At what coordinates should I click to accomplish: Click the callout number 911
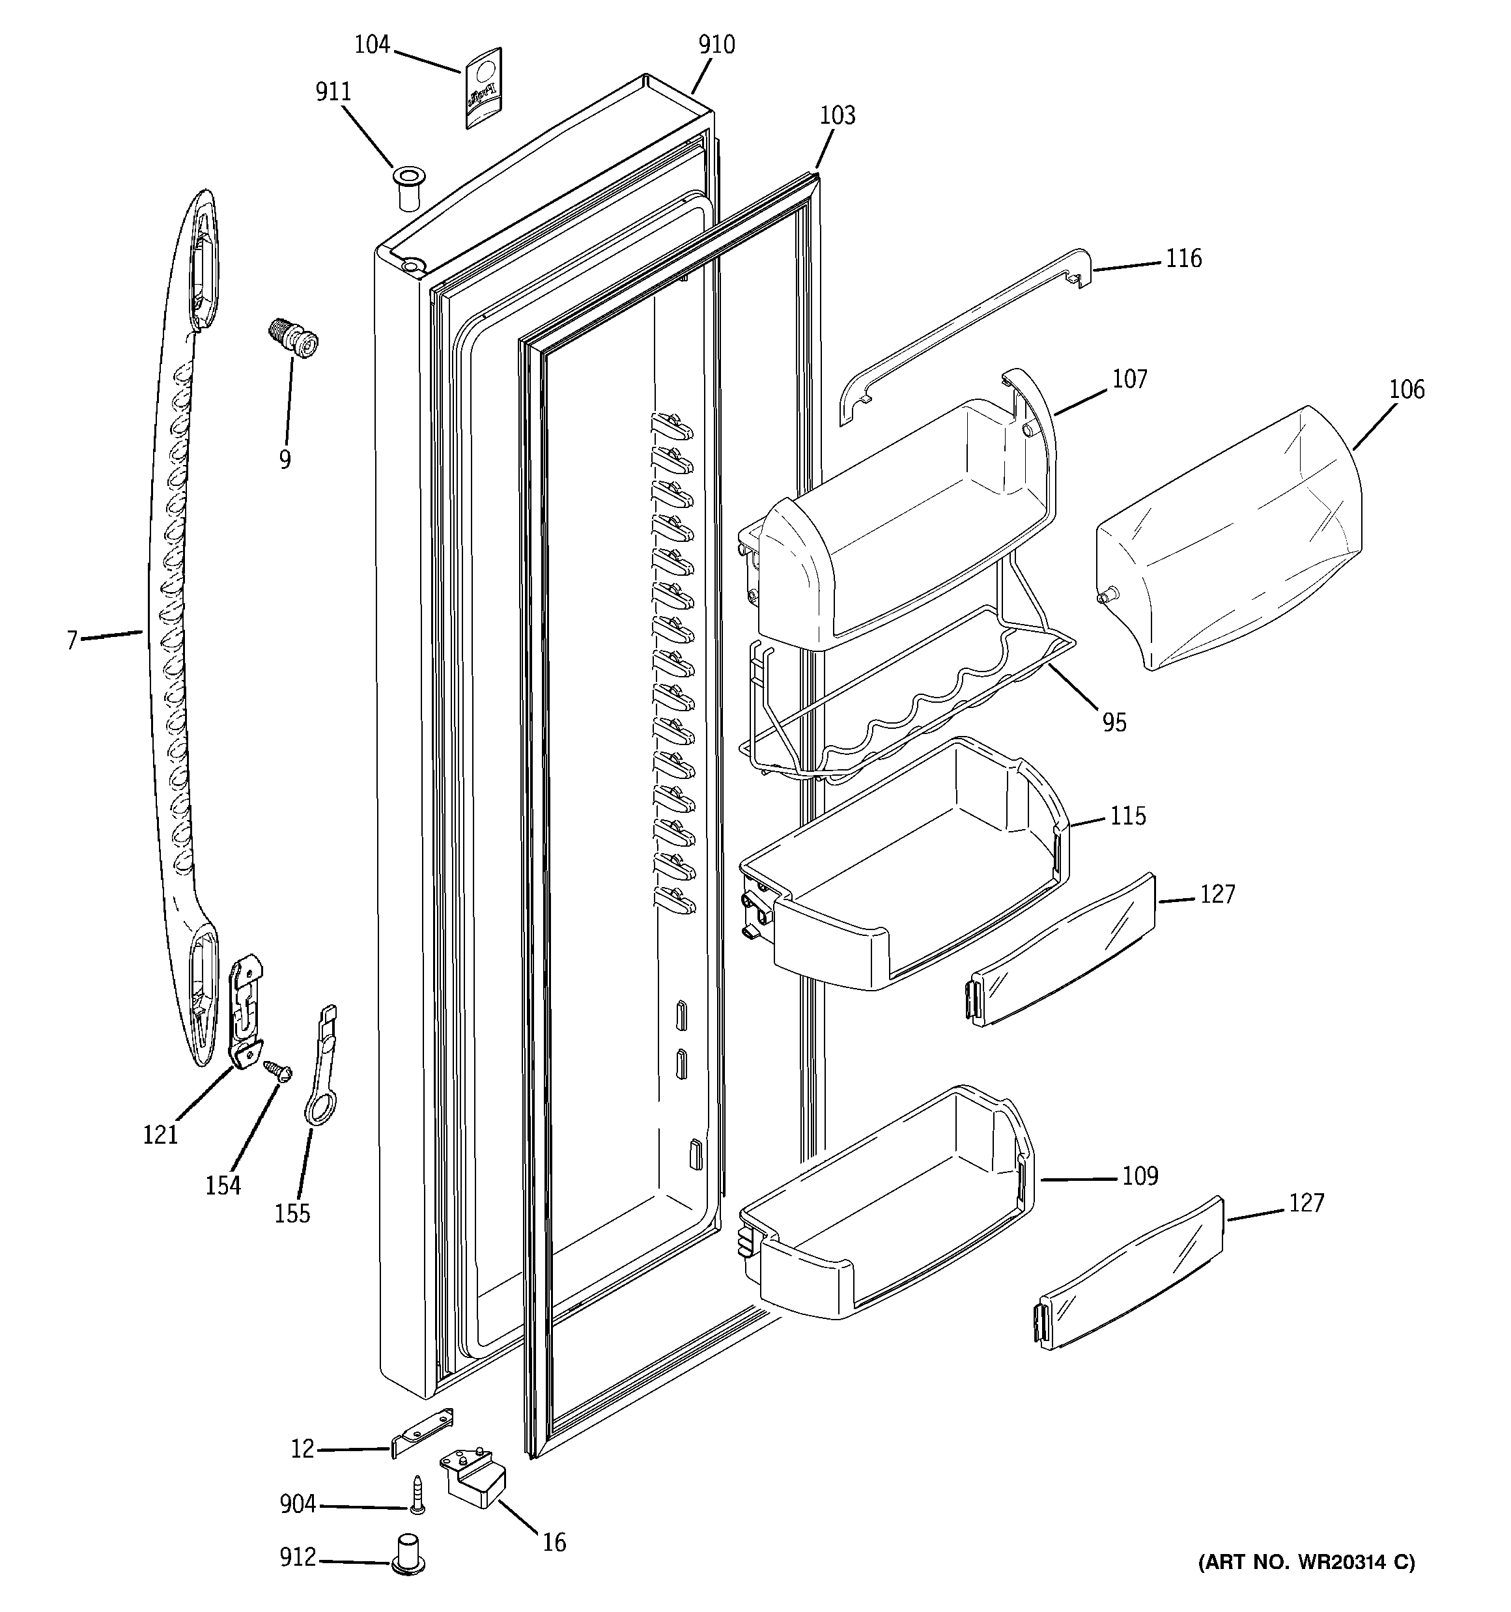(333, 92)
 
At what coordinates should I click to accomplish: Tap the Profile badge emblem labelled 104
(483, 87)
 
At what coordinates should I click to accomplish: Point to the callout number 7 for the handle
(72, 642)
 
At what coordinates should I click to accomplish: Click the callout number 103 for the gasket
(837, 116)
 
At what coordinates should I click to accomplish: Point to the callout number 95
(1114, 722)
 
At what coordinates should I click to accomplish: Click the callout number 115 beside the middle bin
(1127, 815)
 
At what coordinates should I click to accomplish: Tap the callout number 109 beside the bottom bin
(1140, 1176)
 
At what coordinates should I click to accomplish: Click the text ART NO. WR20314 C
(1306, 1562)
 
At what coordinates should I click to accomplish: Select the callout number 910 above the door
(716, 46)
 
